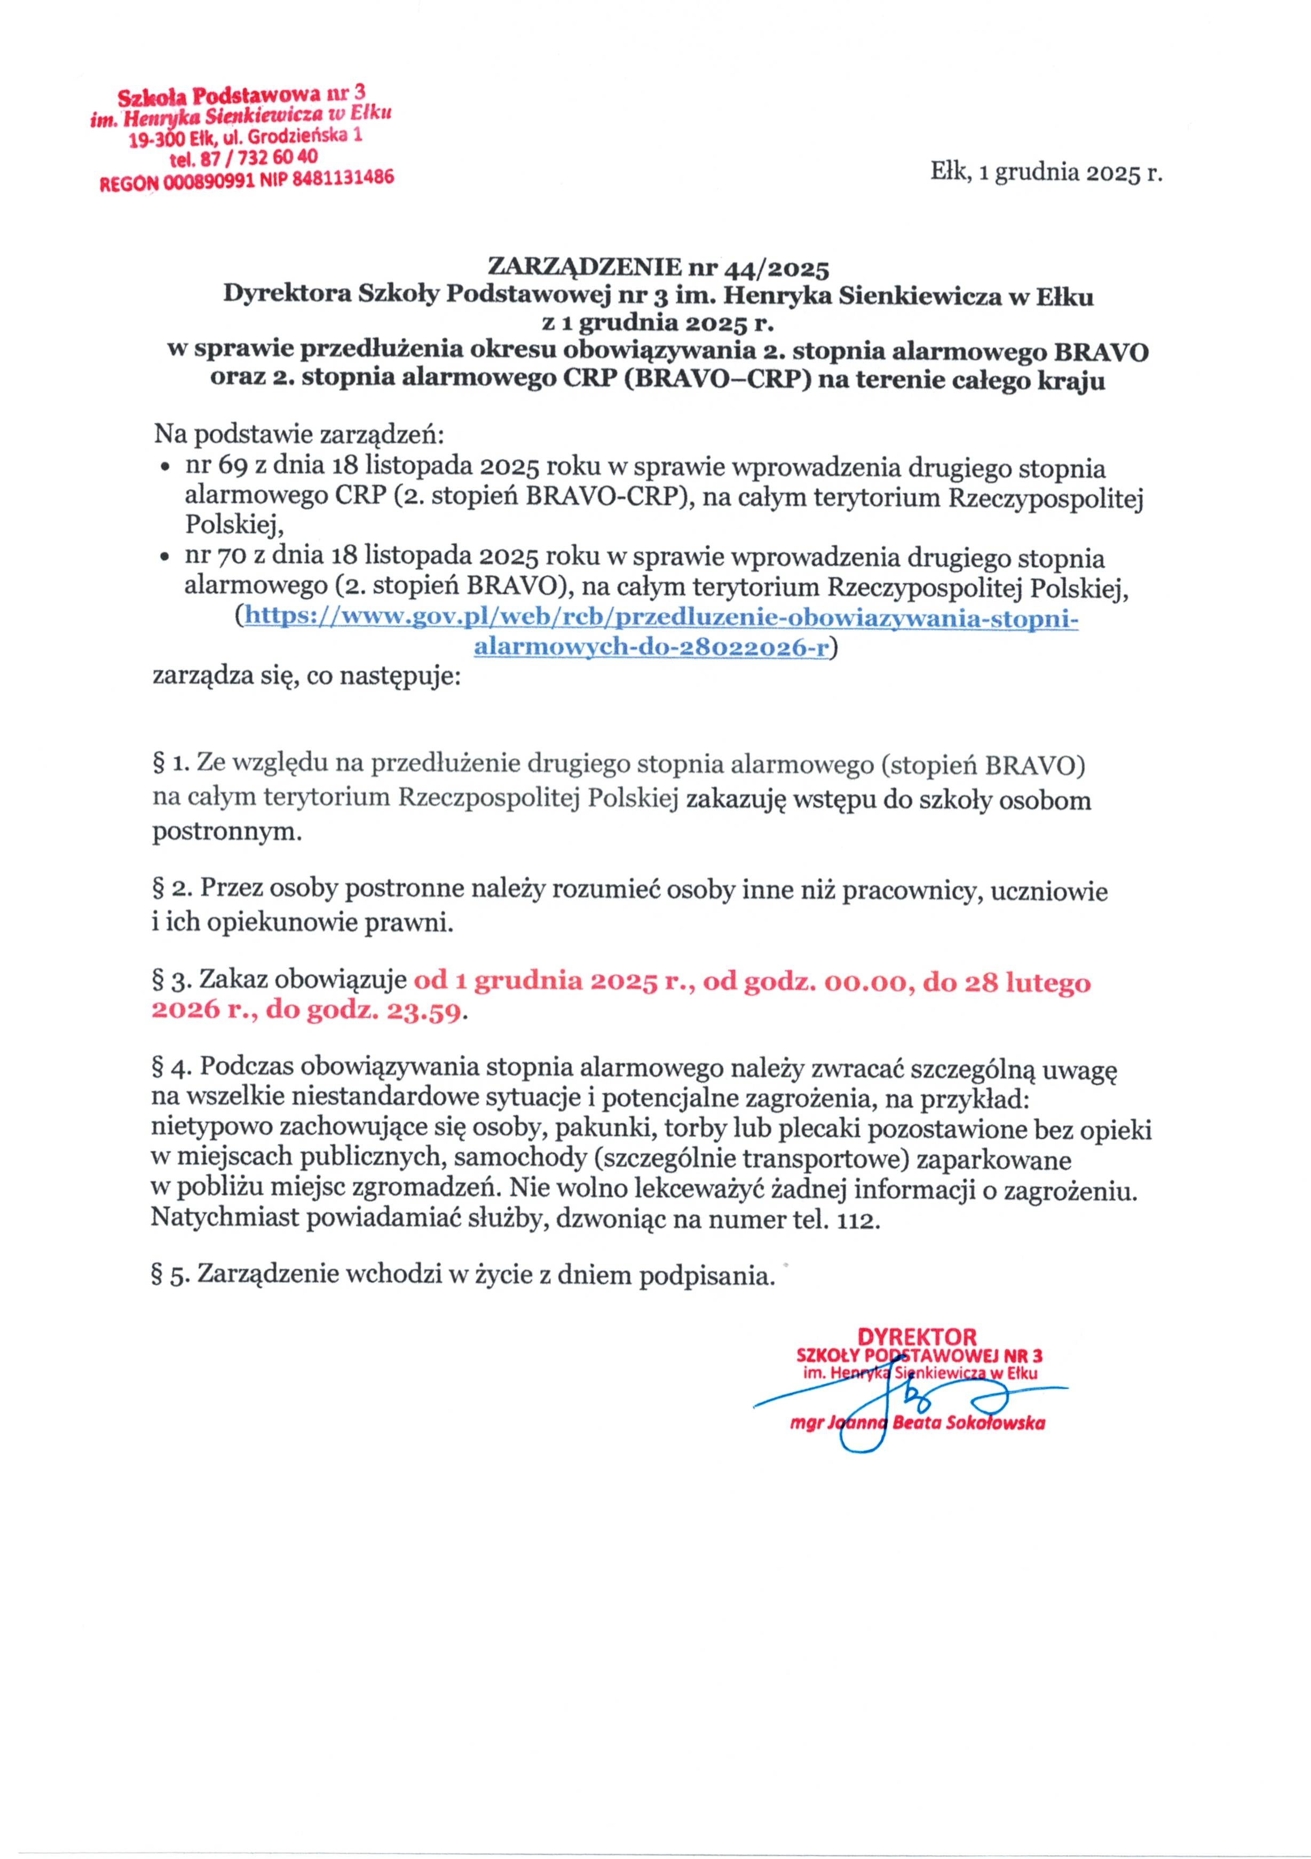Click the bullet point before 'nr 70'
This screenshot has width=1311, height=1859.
click(x=164, y=558)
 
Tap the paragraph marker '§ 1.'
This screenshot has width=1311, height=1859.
click(x=170, y=764)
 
